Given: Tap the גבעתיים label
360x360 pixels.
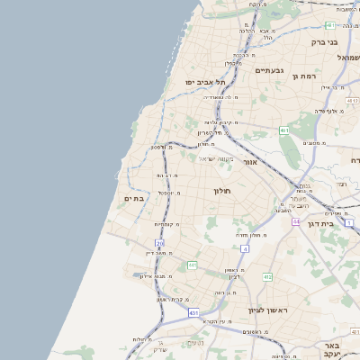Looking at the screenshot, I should pyautogui.click(x=269, y=70).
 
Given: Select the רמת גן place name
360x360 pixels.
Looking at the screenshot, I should pyautogui.click(x=306, y=76).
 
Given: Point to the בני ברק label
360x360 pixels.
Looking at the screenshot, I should pyautogui.click(x=324, y=41).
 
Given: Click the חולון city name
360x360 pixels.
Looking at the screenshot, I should pyautogui.click(x=222, y=191).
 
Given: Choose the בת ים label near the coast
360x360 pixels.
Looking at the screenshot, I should pyautogui.click(x=134, y=198).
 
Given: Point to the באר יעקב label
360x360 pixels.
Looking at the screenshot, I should pyautogui.click(x=332, y=350).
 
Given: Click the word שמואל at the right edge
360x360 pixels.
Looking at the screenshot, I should pyautogui.click(x=348, y=57).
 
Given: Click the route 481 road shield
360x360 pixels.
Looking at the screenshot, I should pyautogui.click(x=330, y=25).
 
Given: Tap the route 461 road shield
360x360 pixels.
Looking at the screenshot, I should pyautogui.click(x=283, y=130).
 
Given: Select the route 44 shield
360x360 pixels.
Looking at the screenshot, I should pyautogui.click(x=294, y=220).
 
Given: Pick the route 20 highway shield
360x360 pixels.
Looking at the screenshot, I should pyautogui.click(x=160, y=244).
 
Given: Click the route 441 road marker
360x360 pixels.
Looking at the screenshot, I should pyautogui.click(x=192, y=265).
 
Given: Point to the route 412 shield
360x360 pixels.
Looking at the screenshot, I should pyautogui.click(x=267, y=276).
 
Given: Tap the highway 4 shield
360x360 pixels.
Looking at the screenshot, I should pyautogui.click(x=245, y=247).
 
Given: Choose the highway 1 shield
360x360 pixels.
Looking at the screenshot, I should pyautogui.click(x=349, y=221).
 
